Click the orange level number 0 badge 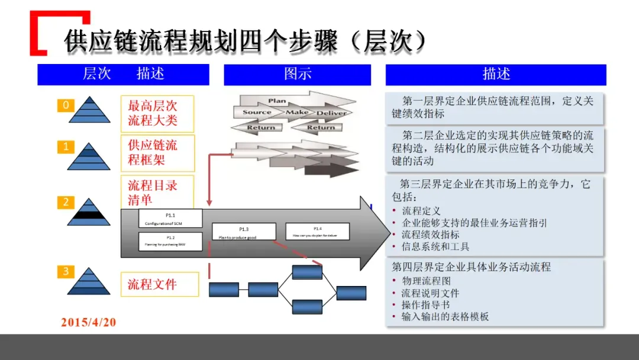[x=66, y=105]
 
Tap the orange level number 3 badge [x=66, y=272]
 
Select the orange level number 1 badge [x=66, y=146]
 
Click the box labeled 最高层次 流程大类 [x=157, y=114]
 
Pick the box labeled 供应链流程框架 [x=157, y=152]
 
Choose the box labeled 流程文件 [x=157, y=284]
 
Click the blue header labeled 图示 [x=297, y=74]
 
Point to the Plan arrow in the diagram [x=278, y=101]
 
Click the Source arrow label [x=257, y=112]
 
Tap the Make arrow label [x=297, y=112]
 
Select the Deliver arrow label [x=331, y=113]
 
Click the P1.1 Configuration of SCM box [x=170, y=218]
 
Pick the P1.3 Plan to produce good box [x=244, y=232]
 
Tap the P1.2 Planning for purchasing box [x=170, y=241]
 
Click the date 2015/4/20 [x=89, y=323]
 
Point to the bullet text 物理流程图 [x=426, y=281]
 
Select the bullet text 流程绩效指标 [x=430, y=234]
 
